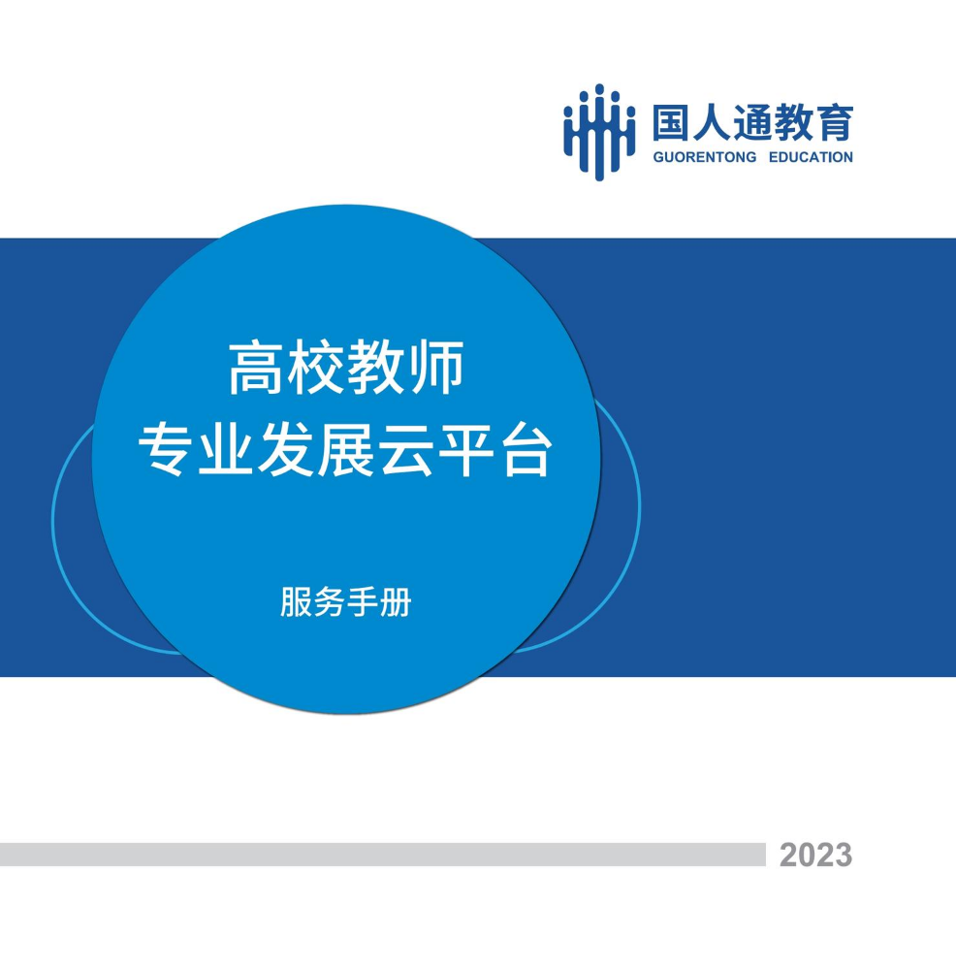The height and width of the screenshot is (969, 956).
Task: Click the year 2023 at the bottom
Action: pos(815,856)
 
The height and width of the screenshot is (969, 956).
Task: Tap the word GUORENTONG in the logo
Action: pos(705,157)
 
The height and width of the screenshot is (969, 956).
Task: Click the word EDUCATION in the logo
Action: pos(811,157)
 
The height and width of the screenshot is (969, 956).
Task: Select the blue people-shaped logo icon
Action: pos(599,132)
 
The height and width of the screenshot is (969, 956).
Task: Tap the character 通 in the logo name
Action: pos(752,122)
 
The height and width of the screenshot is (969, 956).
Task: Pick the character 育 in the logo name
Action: pos(835,122)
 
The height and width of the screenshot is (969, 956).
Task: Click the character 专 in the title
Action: pos(164,449)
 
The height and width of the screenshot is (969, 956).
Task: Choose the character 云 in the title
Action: pos(405,449)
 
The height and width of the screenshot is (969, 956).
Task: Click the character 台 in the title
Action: pos(526,449)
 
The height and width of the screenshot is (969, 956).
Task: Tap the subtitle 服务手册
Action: pos(346,602)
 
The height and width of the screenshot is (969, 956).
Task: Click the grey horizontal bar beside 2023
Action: pos(383,854)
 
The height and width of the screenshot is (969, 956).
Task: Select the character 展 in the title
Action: pos(345,449)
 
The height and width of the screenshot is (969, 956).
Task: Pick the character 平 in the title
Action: pos(466,449)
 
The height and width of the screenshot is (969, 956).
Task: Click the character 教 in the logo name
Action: pos(793,122)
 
